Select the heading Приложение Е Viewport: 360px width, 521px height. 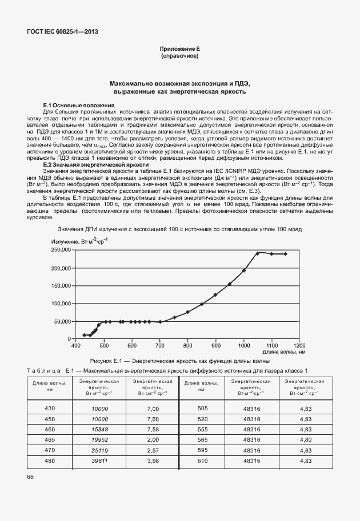[179, 50]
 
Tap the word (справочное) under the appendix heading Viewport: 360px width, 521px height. [179, 57]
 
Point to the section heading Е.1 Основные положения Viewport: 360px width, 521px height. [79, 106]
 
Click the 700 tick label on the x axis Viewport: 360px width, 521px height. [159, 346]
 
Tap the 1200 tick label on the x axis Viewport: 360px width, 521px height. [299, 346]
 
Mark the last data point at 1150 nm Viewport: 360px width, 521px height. [286, 254]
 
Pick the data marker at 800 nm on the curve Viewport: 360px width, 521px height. [187, 312]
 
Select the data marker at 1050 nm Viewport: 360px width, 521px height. [258, 253]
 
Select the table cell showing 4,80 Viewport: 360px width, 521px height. [305, 440]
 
